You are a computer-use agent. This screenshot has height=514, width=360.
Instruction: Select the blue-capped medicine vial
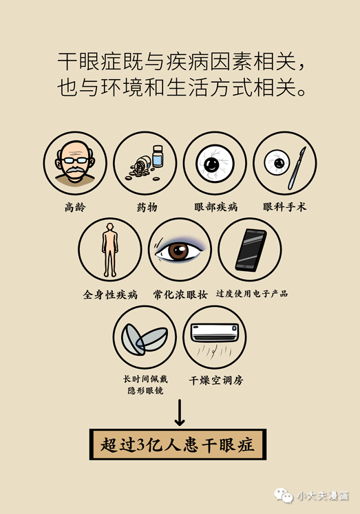(158, 156)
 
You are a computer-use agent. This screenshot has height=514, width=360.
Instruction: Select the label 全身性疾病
(110, 295)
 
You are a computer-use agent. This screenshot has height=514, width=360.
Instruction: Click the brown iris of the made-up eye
(178, 250)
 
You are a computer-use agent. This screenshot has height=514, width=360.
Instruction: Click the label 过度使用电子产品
(251, 294)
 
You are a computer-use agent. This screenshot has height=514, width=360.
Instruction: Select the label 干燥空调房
(215, 379)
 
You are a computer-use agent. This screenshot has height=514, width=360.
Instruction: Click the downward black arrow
(179, 412)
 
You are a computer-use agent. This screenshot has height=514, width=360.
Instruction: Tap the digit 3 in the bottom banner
(142, 445)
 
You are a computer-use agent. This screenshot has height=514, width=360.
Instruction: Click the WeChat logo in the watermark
(282, 495)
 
